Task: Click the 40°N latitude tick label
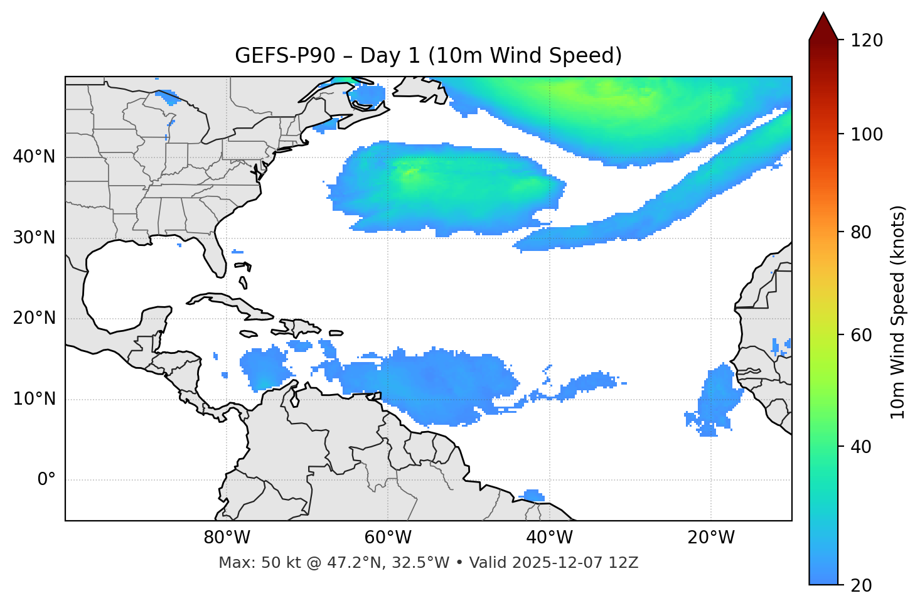34,157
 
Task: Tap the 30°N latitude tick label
34,238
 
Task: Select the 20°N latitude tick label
34,318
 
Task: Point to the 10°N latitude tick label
34,399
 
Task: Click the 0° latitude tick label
46,480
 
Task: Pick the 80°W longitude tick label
227,538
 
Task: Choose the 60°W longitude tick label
388,538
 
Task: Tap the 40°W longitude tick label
549,538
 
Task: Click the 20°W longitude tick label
710,538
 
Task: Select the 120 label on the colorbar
866,41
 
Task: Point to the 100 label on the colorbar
866,134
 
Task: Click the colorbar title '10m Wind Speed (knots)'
899,312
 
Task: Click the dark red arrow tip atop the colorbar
823,25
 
